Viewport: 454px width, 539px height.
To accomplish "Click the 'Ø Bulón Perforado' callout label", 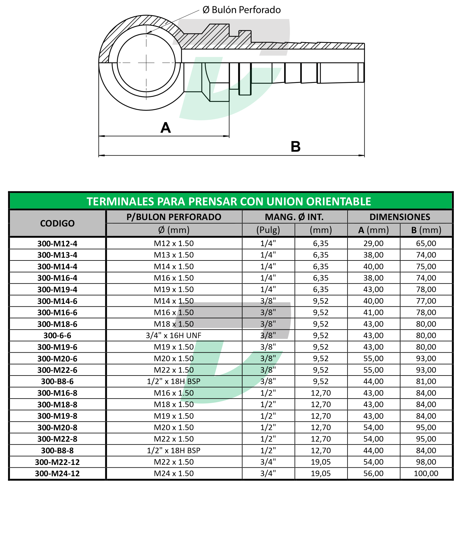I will pyautogui.click(x=242, y=10).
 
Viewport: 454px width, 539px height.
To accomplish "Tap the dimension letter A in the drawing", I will pyautogui.click(x=166, y=128).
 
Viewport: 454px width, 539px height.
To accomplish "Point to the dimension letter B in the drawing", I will pyautogui.click(x=295, y=147).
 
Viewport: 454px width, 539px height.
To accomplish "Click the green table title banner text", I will pyautogui.click(x=229, y=201).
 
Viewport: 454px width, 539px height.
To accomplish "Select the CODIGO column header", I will pyautogui.click(x=57, y=223).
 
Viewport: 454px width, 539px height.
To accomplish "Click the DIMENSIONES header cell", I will pyautogui.click(x=400, y=217).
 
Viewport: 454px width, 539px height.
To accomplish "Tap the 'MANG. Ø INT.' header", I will pyautogui.click(x=294, y=217).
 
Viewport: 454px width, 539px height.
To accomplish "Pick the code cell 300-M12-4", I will pyautogui.click(x=57, y=244).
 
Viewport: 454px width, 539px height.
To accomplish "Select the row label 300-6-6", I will pyautogui.click(x=57, y=335).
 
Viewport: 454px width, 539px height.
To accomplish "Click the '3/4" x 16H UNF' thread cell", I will pyautogui.click(x=174, y=335).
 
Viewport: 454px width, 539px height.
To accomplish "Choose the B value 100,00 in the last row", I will pyautogui.click(x=426, y=473).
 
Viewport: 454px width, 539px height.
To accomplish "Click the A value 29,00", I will pyautogui.click(x=373, y=244).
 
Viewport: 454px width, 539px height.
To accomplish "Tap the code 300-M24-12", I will pyautogui.click(x=57, y=473).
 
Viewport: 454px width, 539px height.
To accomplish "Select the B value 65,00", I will pyautogui.click(x=426, y=244).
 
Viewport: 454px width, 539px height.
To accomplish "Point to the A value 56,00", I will pyautogui.click(x=373, y=473).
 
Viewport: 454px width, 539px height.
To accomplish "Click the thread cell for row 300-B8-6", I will pyautogui.click(x=174, y=381).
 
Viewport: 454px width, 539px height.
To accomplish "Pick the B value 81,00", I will pyautogui.click(x=426, y=381).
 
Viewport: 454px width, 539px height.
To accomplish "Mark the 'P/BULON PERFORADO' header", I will pyautogui.click(x=174, y=217).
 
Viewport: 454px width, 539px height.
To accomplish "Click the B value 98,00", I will pyautogui.click(x=426, y=462).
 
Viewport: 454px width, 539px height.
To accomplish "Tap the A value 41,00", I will pyautogui.click(x=373, y=313).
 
